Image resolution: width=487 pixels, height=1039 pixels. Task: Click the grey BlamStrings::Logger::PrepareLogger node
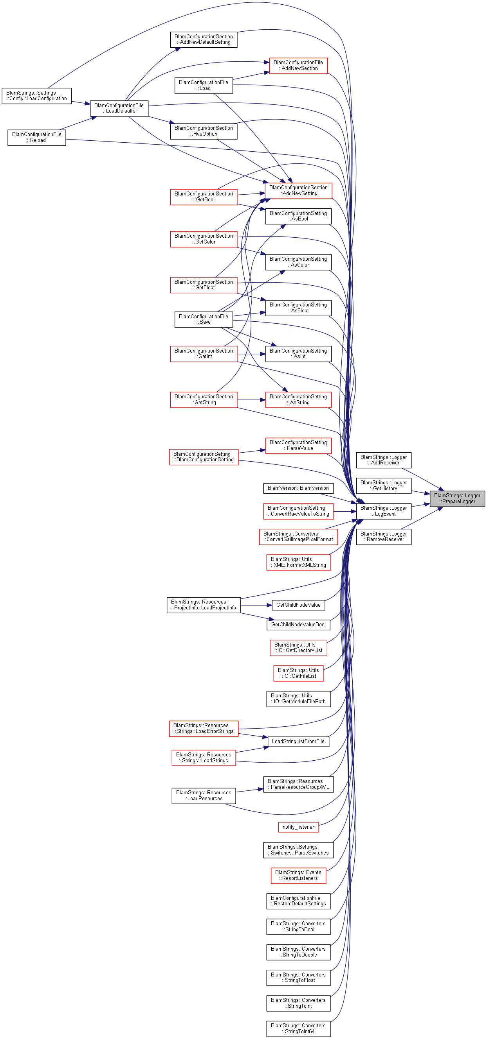(x=457, y=498)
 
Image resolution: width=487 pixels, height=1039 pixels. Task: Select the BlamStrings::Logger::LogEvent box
(x=384, y=511)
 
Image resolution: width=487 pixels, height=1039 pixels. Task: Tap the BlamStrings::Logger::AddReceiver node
(x=384, y=460)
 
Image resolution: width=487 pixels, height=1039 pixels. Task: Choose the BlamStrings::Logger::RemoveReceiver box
(x=384, y=537)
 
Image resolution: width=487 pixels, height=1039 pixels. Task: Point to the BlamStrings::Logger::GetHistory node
(x=384, y=485)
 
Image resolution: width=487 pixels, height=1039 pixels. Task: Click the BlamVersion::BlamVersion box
(x=298, y=489)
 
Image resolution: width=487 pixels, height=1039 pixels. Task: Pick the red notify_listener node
(x=298, y=827)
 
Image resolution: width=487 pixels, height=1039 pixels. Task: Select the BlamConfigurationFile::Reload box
(x=37, y=138)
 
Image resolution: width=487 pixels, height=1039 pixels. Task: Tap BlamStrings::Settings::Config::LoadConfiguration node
(x=37, y=96)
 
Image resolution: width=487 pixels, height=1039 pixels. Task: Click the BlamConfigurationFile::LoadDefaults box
(x=119, y=109)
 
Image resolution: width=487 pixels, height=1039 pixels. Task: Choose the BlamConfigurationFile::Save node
(x=204, y=319)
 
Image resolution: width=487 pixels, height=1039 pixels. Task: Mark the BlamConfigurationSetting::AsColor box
(x=298, y=262)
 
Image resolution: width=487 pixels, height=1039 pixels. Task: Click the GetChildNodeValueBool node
(x=298, y=625)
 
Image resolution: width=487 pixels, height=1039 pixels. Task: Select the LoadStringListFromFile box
(x=298, y=742)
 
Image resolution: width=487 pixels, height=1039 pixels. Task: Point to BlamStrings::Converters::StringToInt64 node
(x=298, y=1029)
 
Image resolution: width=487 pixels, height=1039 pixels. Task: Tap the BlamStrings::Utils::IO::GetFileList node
(x=298, y=674)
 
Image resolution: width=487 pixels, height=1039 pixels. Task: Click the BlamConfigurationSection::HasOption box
(x=204, y=131)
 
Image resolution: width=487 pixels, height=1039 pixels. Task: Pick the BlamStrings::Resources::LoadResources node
(x=204, y=796)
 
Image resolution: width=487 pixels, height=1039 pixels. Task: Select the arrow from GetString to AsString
(x=251, y=400)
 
